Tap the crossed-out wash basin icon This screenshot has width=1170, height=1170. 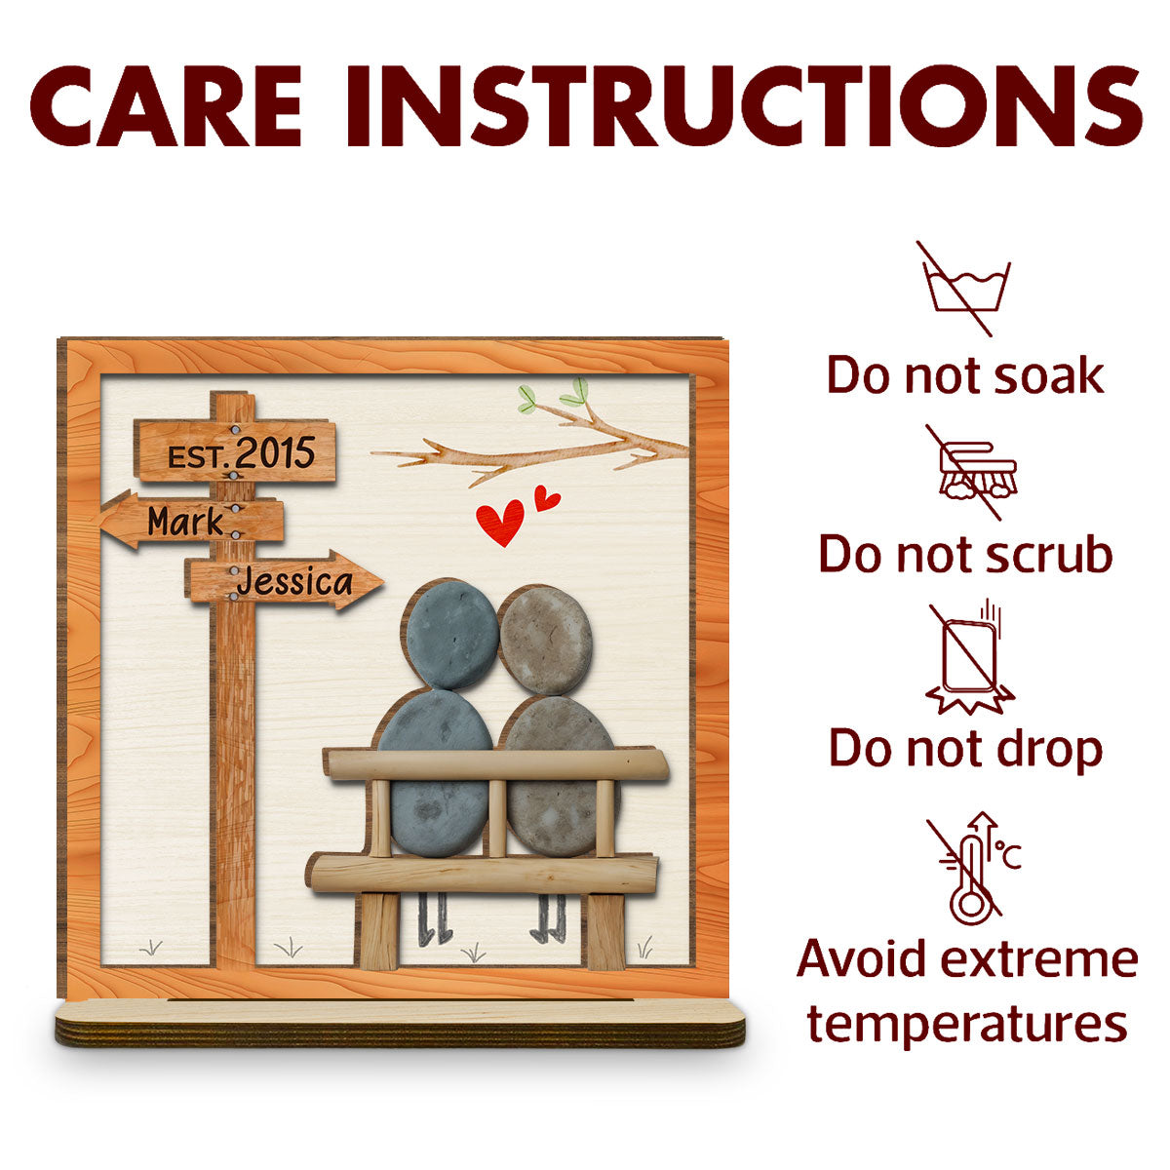tap(966, 289)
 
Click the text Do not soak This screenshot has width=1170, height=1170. tap(965, 375)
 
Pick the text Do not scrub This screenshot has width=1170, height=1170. tap(965, 554)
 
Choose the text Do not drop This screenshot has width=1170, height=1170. tap(965, 750)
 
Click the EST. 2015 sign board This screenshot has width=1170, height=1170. tap(235, 450)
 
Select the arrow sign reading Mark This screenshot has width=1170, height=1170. tap(191, 520)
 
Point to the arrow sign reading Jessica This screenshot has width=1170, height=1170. tap(284, 580)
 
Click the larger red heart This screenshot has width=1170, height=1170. tap(500, 522)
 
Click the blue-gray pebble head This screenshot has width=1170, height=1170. tap(452, 635)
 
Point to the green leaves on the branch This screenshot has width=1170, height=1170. tap(554, 395)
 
